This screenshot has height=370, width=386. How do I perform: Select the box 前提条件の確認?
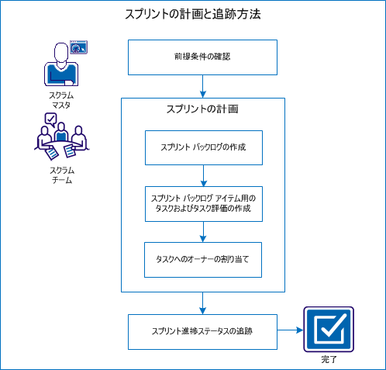coord(202,57)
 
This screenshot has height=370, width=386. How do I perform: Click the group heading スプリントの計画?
coord(202,109)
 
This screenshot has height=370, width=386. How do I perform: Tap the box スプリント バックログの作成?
coord(203,147)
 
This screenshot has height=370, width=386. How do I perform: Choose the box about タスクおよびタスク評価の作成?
coord(203,203)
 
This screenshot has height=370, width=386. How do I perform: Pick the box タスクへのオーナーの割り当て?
coord(203,260)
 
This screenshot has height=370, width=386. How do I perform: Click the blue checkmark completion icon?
coord(328,330)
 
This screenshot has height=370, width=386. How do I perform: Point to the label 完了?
coord(329,361)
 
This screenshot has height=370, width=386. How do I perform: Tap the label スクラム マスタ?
coord(60,100)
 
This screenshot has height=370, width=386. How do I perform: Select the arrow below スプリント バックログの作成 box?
coord(203,175)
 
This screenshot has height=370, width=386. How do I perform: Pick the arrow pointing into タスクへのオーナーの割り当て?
coord(203,232)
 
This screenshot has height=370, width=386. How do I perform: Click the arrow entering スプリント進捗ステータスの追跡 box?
coord(203,302)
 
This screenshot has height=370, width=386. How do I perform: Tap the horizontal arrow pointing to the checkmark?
coord(288,330)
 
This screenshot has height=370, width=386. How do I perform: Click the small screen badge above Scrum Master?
coord(78,47)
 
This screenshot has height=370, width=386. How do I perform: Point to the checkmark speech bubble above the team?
coord(51,119)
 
